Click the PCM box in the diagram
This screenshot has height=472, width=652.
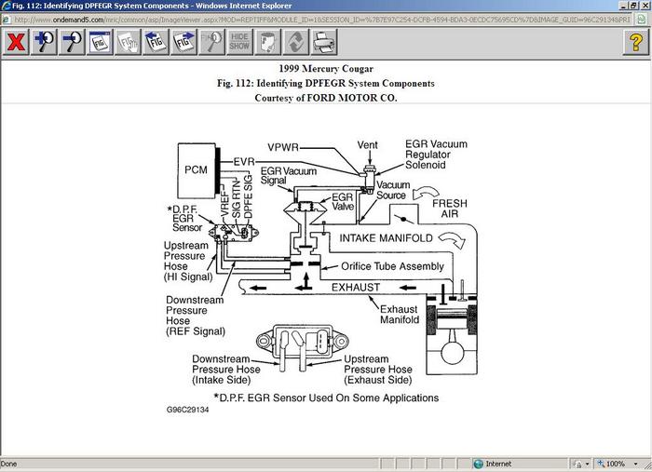click(x=196, y=169)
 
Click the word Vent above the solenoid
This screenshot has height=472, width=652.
click(x=368, y=145)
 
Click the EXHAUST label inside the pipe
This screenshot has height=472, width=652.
click(x=358, y=288)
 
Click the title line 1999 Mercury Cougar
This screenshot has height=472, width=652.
click(x=325, y=69)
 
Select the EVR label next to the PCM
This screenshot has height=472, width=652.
click(x=244, y=162)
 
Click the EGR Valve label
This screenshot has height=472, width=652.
click(x=342, y=202)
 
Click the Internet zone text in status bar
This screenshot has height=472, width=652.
click(x=498, y=463)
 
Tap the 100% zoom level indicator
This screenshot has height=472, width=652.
click(x=614, y=463)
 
